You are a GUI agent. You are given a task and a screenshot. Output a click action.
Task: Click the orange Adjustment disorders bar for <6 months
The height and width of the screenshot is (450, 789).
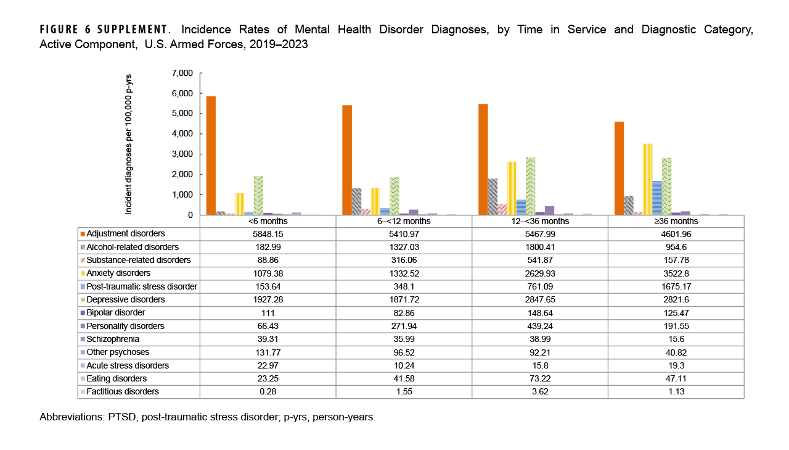point(211,156)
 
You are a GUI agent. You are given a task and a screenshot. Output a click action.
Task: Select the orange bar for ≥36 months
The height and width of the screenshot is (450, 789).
point(619,168)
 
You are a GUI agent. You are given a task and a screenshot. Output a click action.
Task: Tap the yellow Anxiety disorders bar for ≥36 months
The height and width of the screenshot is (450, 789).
point(648,179)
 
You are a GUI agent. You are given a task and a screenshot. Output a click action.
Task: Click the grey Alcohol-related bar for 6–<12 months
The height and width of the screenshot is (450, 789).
point(356,201)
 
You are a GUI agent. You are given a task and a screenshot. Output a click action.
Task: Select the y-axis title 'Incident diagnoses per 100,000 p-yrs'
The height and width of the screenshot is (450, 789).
point(129,144)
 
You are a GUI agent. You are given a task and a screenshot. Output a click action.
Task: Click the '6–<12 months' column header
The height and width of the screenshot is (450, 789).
point(404,221)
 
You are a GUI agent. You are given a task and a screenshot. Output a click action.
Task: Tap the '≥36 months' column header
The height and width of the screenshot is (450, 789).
point(676,221)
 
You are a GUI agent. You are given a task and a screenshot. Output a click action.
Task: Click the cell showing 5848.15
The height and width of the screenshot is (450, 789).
point(268,234)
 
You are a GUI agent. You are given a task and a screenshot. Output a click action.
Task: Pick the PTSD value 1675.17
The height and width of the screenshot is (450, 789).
point(676,286)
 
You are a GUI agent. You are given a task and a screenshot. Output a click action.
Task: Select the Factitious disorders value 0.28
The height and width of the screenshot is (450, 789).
point(268,391)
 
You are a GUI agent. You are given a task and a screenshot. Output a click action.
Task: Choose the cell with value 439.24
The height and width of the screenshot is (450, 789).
point(539,326)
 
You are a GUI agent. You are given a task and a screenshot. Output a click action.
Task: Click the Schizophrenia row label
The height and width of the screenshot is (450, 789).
point(113,339)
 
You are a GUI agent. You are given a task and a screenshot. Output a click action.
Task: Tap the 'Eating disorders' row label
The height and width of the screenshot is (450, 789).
point(117,378)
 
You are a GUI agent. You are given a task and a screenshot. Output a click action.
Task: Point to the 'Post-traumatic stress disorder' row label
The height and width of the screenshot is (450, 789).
point(142,286)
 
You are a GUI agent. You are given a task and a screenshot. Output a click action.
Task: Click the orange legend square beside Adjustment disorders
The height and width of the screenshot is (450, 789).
point(83,234)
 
